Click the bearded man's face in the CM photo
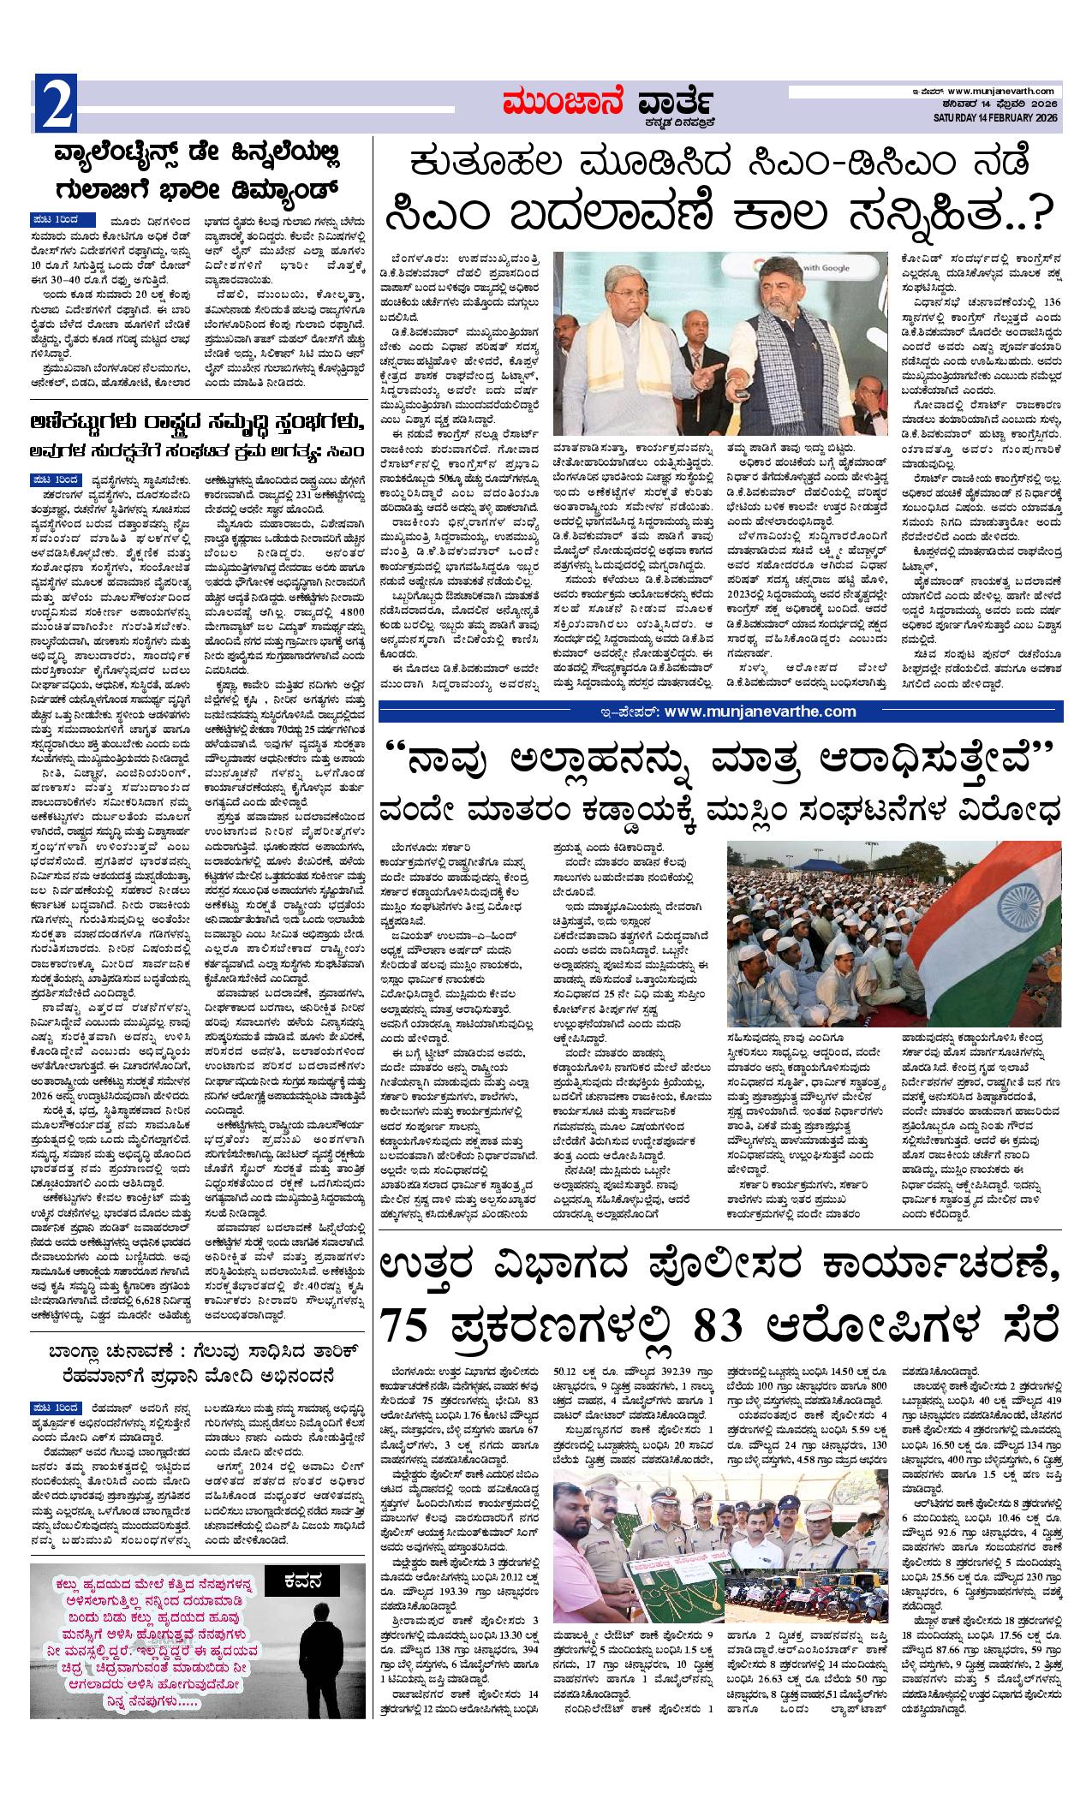[x=790, y=295]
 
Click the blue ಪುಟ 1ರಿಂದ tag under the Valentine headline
[x=66, y=218]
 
